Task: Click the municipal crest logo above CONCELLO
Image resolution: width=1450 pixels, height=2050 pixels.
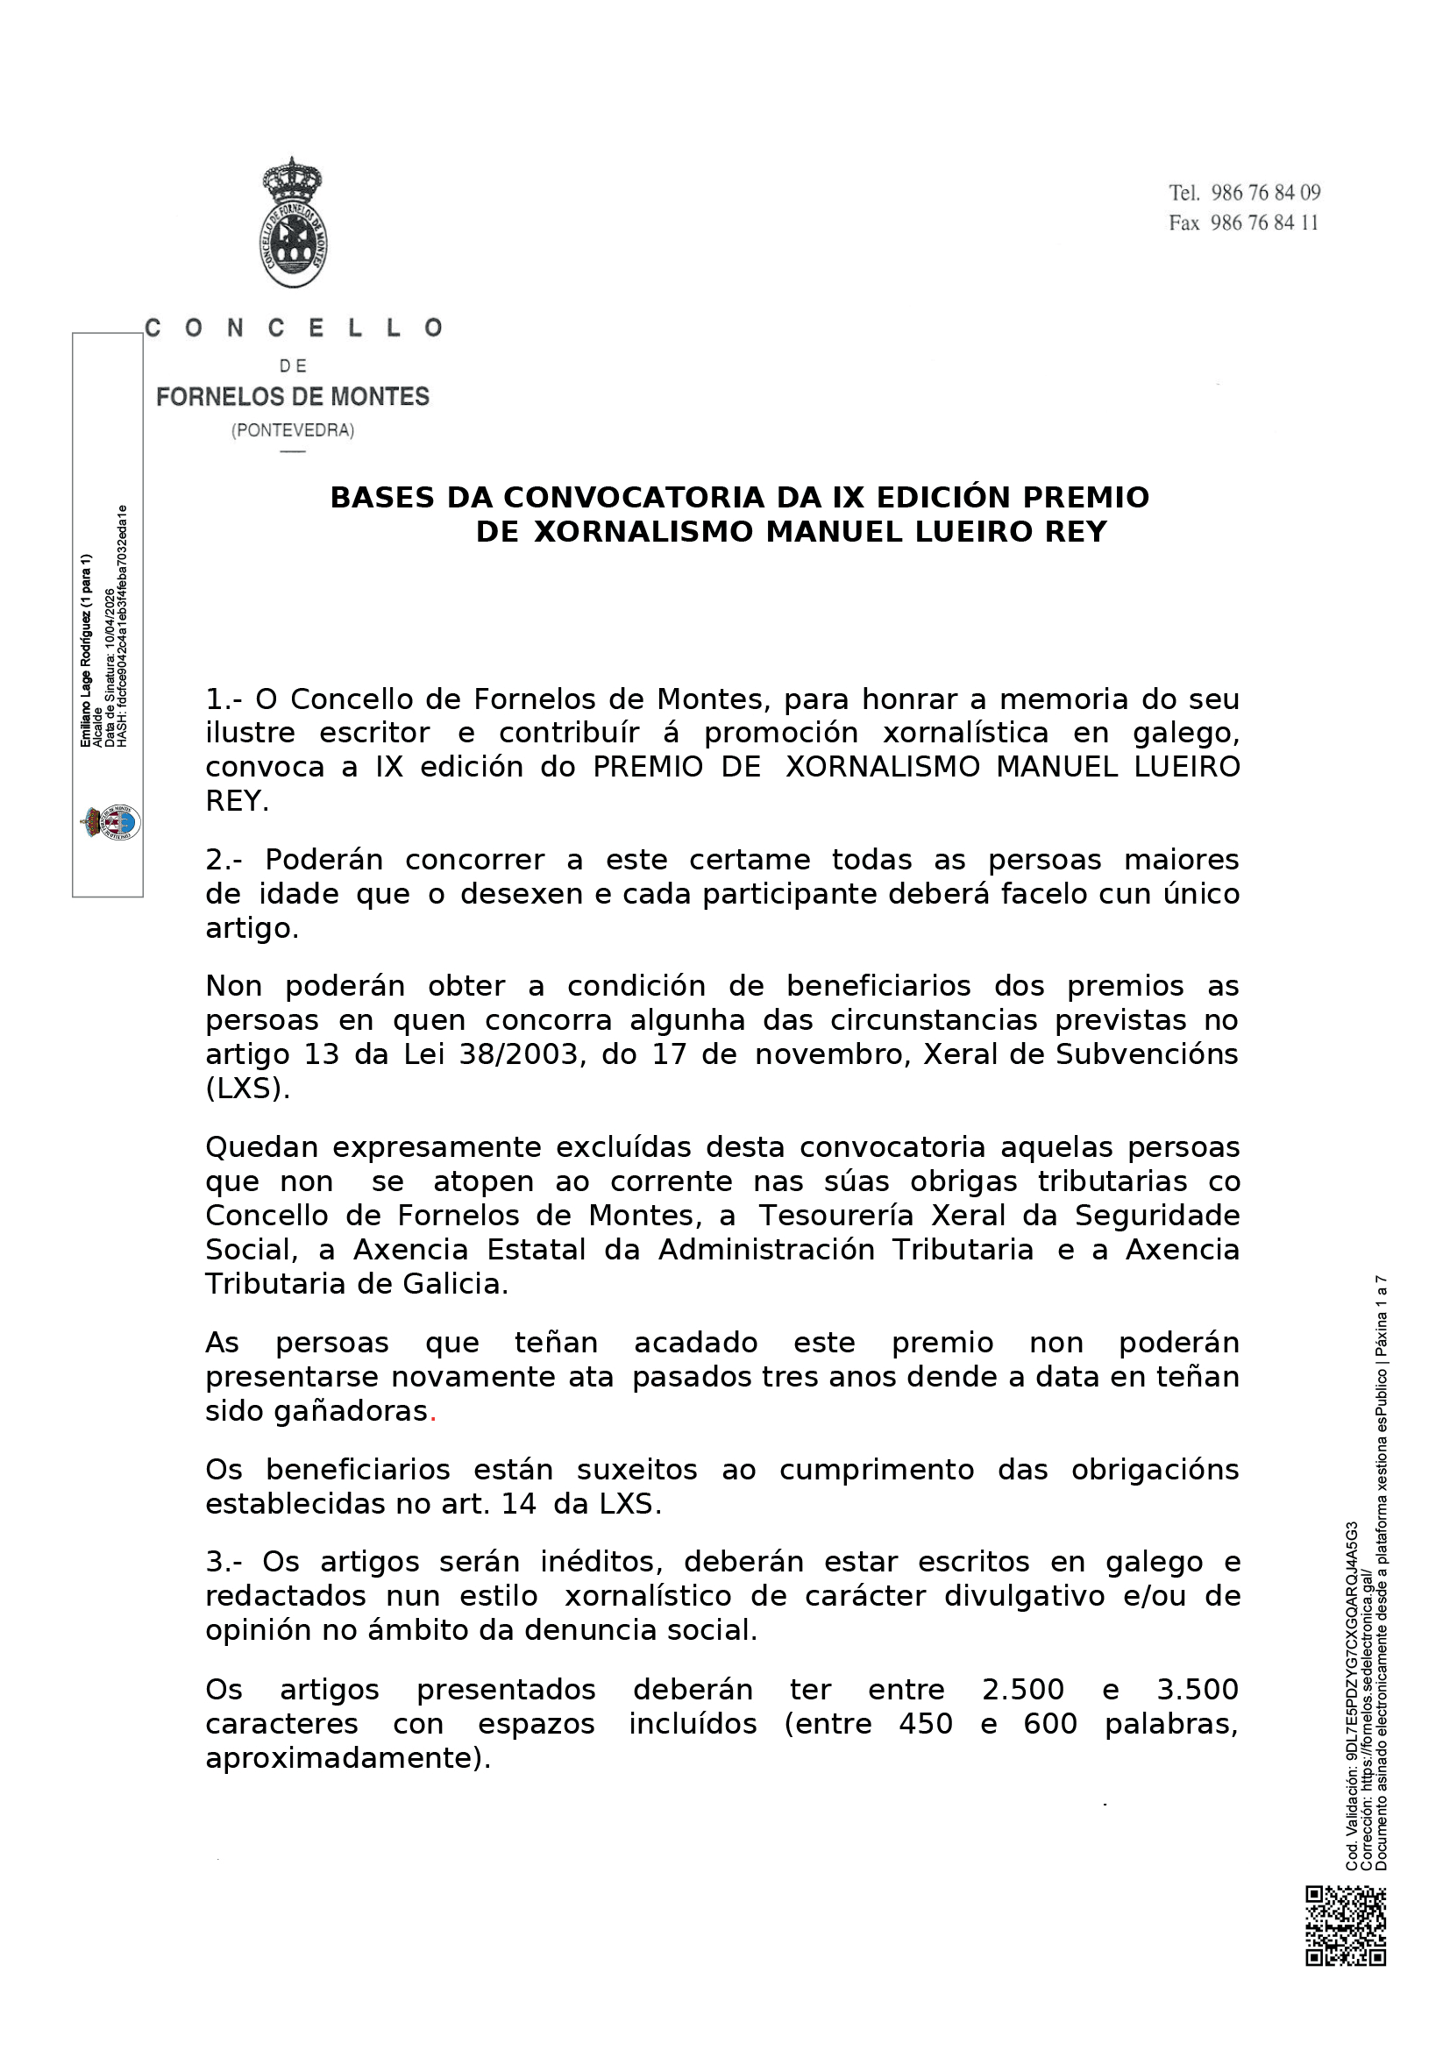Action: [293, 223]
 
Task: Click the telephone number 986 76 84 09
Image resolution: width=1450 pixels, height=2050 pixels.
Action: [1265, 193]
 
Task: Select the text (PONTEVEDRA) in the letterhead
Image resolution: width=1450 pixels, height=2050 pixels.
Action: [293, 430]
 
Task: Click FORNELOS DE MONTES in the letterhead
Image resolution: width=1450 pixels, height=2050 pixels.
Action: [293, 396]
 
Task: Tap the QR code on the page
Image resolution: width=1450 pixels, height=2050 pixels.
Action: [1345, 1926]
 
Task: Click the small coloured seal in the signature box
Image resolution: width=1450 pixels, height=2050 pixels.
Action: [110, 821]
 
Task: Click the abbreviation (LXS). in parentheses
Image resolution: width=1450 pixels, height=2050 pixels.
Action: [247, 1089]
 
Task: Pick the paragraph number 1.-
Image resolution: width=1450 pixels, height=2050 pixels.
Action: [224, 699]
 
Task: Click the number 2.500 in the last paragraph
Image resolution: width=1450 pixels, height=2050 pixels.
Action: [1022, 1689]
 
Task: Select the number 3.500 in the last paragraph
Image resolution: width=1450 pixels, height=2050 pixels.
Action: [1198, 1689]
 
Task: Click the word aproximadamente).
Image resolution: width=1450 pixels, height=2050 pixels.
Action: [348, 1758]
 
